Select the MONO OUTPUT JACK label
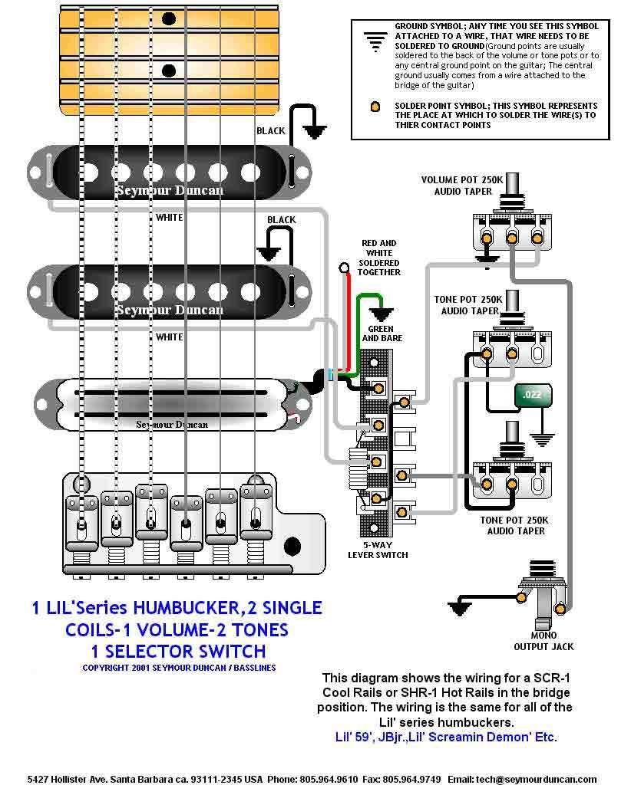pyautogui.click(x=543, y=641)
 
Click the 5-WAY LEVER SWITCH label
pyautogui.click(x=377, y=550)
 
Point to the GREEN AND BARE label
pyautogui.click(x=382, y=333)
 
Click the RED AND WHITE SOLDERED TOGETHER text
pyautogui.click(x=379, y=258)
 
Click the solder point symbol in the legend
pyautogui.click(x=375, y=107)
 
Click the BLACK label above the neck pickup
pyautogui.click(x=271, y=131)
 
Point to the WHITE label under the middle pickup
pyautogui.click(x=170, y=337)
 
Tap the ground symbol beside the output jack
pyautogui.click(x=461, y=606)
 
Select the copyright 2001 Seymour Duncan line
pyautogui.click(x=179, y=668)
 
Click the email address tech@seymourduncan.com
pyautogui.click(x=545, y=779)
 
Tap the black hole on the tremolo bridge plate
pyautogui.click(x=292, y=546)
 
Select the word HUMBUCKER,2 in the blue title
pyautogui.click(x=187, y=608)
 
